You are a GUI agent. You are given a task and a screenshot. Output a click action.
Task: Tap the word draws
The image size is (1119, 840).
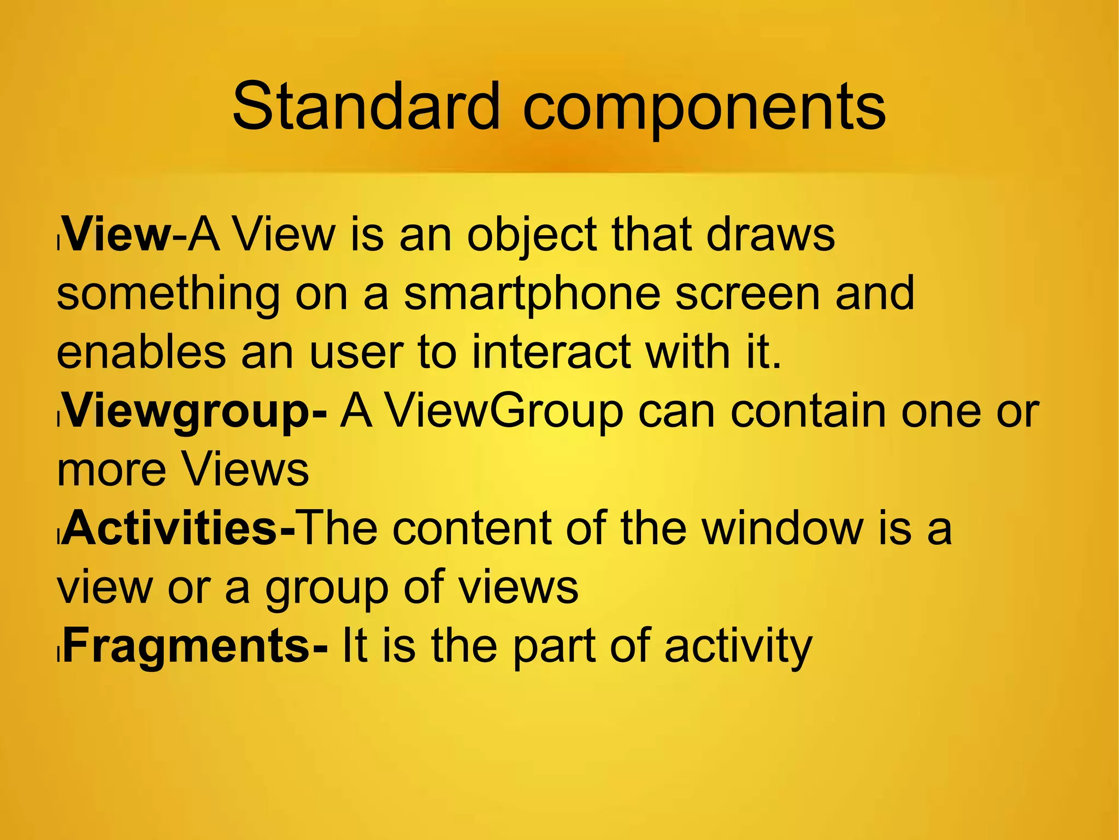coord(770,235)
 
